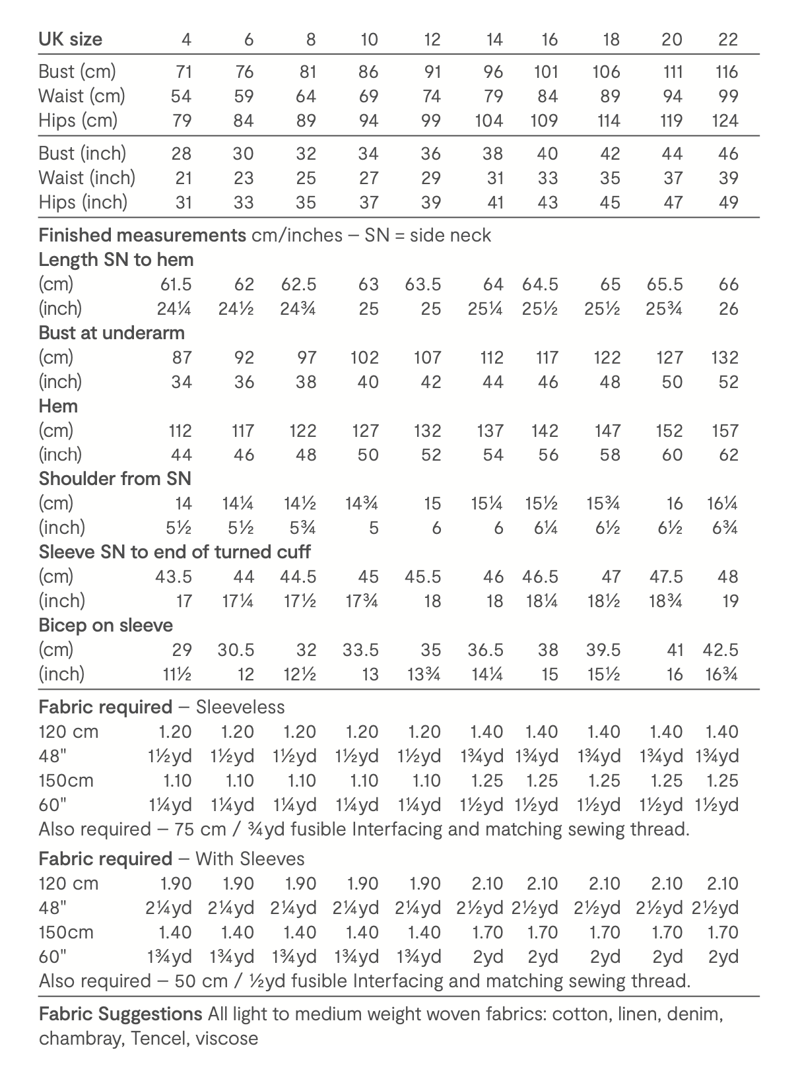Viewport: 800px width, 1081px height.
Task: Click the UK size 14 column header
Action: tap(494, 40)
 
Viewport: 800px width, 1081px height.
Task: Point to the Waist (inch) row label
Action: tap(86, 178)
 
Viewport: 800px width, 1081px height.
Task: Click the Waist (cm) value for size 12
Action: tap(431, 96)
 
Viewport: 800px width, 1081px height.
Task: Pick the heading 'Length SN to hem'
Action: tap(116, 260)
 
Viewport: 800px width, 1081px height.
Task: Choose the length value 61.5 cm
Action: tap(176, 284)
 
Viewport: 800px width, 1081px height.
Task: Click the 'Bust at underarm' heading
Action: tap(112, 333)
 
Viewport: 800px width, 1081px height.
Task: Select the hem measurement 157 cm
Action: tap(725, 431)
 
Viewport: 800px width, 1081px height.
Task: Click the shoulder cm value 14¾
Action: tap(361, 504)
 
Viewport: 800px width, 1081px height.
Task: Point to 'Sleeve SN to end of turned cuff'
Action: tap(174, 552)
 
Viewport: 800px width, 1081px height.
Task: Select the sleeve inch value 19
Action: tap(729, 601)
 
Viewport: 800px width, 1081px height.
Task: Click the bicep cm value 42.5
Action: tap(720, 650)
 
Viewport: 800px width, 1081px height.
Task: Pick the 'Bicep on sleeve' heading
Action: tap(106, 626)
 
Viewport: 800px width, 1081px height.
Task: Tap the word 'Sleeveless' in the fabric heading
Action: tap(240, 707)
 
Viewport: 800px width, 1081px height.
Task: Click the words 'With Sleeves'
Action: tap(250, 859)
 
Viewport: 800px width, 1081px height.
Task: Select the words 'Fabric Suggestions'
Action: tap(120, 1014)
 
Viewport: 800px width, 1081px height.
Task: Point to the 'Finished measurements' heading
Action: tap(142, 236)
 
